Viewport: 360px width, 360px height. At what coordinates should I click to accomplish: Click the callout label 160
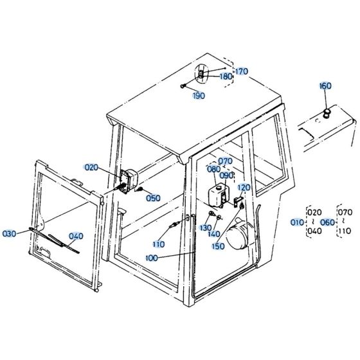coord(325,86)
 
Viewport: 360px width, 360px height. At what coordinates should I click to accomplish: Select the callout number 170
coord(240,71)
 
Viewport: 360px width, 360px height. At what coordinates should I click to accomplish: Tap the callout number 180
coord(226,76)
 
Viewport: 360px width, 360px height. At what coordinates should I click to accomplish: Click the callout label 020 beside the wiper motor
coord(91,167)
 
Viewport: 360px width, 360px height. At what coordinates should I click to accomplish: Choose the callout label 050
coord(153,198)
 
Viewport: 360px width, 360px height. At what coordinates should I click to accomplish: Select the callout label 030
coord(10,233)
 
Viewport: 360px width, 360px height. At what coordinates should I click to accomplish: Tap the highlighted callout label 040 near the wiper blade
coord(76,236)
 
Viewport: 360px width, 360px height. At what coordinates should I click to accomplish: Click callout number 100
coord(152,258)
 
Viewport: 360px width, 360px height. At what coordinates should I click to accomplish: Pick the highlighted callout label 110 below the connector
coord(158,244)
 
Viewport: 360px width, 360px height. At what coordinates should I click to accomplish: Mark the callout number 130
coord(206,228)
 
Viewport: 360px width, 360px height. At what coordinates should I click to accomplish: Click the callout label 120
coord(244,187)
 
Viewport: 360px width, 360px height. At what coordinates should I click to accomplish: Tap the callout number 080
coord(213,169)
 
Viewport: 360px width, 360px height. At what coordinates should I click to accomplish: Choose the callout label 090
coord(226,175)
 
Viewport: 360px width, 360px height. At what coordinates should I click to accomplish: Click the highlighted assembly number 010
coord(297,222)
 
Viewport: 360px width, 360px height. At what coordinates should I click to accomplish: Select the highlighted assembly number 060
coord(328,222)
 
